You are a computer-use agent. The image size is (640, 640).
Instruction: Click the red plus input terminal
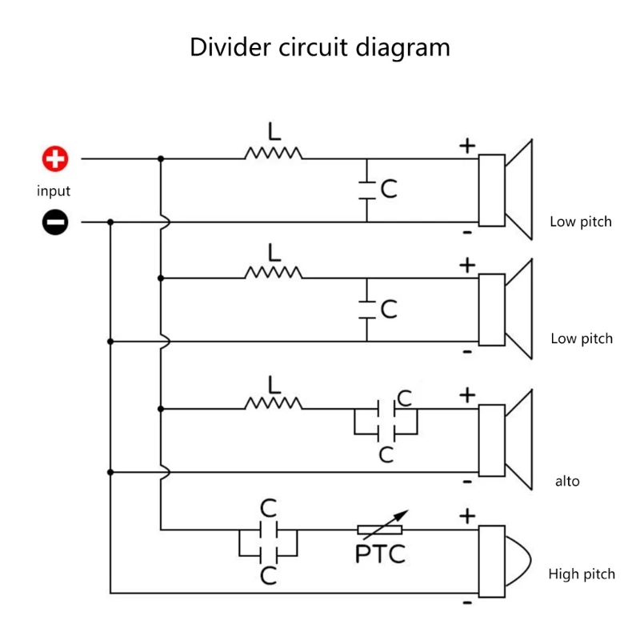55,159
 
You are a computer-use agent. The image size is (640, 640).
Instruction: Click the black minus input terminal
55,222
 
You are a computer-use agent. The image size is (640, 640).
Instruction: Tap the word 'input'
54,191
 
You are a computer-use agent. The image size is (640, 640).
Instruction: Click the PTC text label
380,553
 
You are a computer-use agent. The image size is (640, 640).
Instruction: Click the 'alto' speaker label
567,482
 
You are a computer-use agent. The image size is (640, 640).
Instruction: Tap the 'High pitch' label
582,574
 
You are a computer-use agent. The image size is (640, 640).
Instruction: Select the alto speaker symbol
506,438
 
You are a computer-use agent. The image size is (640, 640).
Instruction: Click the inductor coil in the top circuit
274,153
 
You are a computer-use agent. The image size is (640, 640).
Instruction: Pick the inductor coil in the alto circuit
274,403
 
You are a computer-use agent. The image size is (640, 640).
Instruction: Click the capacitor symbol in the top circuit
367,190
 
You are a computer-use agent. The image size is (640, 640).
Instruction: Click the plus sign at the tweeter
467,517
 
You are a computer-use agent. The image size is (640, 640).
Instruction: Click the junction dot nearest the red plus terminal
161,159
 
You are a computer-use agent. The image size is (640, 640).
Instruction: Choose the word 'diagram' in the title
403,47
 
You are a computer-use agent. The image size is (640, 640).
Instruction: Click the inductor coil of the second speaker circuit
274,273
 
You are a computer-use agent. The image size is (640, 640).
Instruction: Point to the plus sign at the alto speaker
467,395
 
